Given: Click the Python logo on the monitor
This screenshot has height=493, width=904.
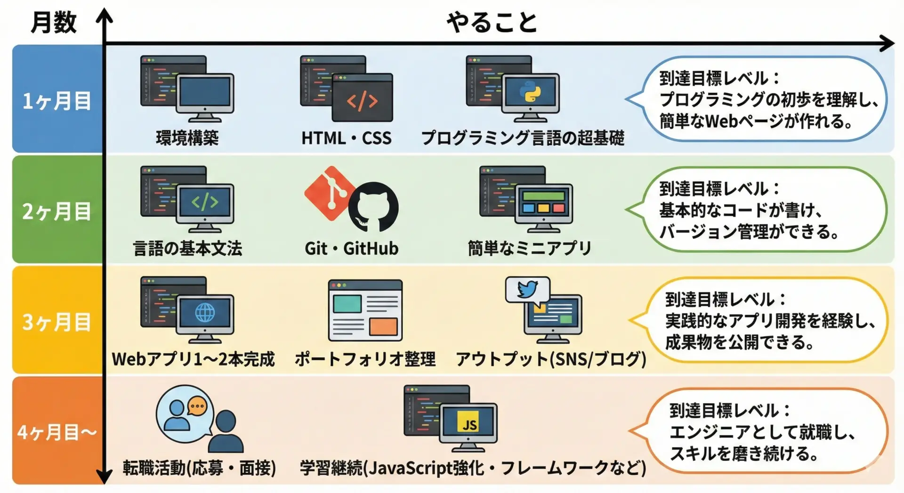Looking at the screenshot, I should [x=530, y=93].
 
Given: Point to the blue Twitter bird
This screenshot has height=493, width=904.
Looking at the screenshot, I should [x=527, y=289].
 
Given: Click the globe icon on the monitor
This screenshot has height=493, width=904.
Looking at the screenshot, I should [x=205, y=312].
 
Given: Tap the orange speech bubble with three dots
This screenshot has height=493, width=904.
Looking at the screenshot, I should [x=197, y=406].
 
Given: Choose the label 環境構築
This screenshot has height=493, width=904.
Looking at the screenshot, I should [x=187, y=138].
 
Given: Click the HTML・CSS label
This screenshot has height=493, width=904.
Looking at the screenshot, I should [x=347, y=138].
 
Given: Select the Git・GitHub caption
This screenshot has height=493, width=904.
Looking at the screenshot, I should [x=351, y=248].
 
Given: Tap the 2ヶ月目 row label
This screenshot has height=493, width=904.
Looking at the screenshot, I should [x=57, y=211].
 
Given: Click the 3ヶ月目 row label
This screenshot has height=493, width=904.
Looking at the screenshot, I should [x=57, y=322].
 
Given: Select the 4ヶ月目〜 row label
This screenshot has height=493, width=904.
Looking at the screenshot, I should [x=57, y=432].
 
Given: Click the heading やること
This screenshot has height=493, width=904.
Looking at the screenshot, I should [x=492, y=22].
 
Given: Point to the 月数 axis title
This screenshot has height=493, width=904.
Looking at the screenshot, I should [x=54, y=22].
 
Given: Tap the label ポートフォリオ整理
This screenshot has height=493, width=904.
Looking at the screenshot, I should [x=365, y=359].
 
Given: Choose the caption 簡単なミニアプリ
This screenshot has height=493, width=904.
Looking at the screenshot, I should [x=529, y=248].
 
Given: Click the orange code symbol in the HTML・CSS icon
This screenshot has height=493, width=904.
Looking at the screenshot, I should [x=362, y=101].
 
